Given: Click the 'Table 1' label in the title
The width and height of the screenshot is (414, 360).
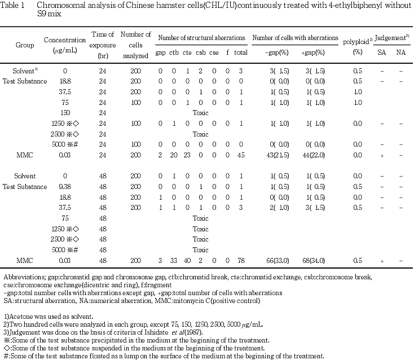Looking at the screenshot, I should point(14,6).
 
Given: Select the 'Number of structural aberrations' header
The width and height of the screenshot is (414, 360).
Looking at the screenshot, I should point(201,38).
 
